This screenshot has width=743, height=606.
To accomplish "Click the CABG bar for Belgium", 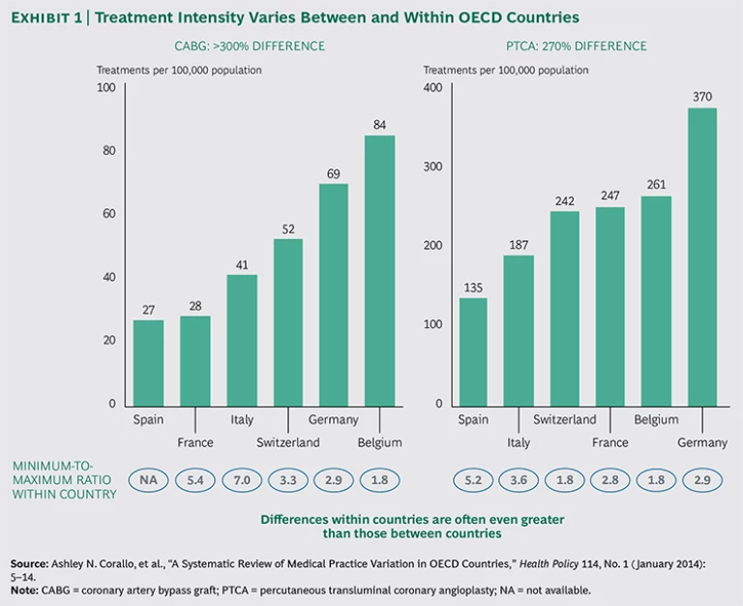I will (379, 270).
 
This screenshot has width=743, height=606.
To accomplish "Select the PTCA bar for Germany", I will (702, 257).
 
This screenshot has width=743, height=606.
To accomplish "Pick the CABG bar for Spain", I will (148, 362).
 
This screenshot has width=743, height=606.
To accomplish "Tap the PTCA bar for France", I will (609, 306).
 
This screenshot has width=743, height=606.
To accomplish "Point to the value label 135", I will (473, 287).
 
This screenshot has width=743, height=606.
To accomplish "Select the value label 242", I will (564, 200).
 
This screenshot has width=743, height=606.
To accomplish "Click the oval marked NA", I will (148, 479).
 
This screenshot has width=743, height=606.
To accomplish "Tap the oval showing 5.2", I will (473, 479).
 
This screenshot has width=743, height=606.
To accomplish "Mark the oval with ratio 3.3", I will (287, 479).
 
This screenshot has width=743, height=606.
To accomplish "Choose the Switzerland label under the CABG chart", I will (287, 442).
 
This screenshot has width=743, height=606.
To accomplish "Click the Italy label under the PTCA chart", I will (519, 442).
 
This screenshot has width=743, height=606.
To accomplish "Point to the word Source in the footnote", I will (29, 562).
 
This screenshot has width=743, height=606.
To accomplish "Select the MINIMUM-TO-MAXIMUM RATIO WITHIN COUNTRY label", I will (64, 479).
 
